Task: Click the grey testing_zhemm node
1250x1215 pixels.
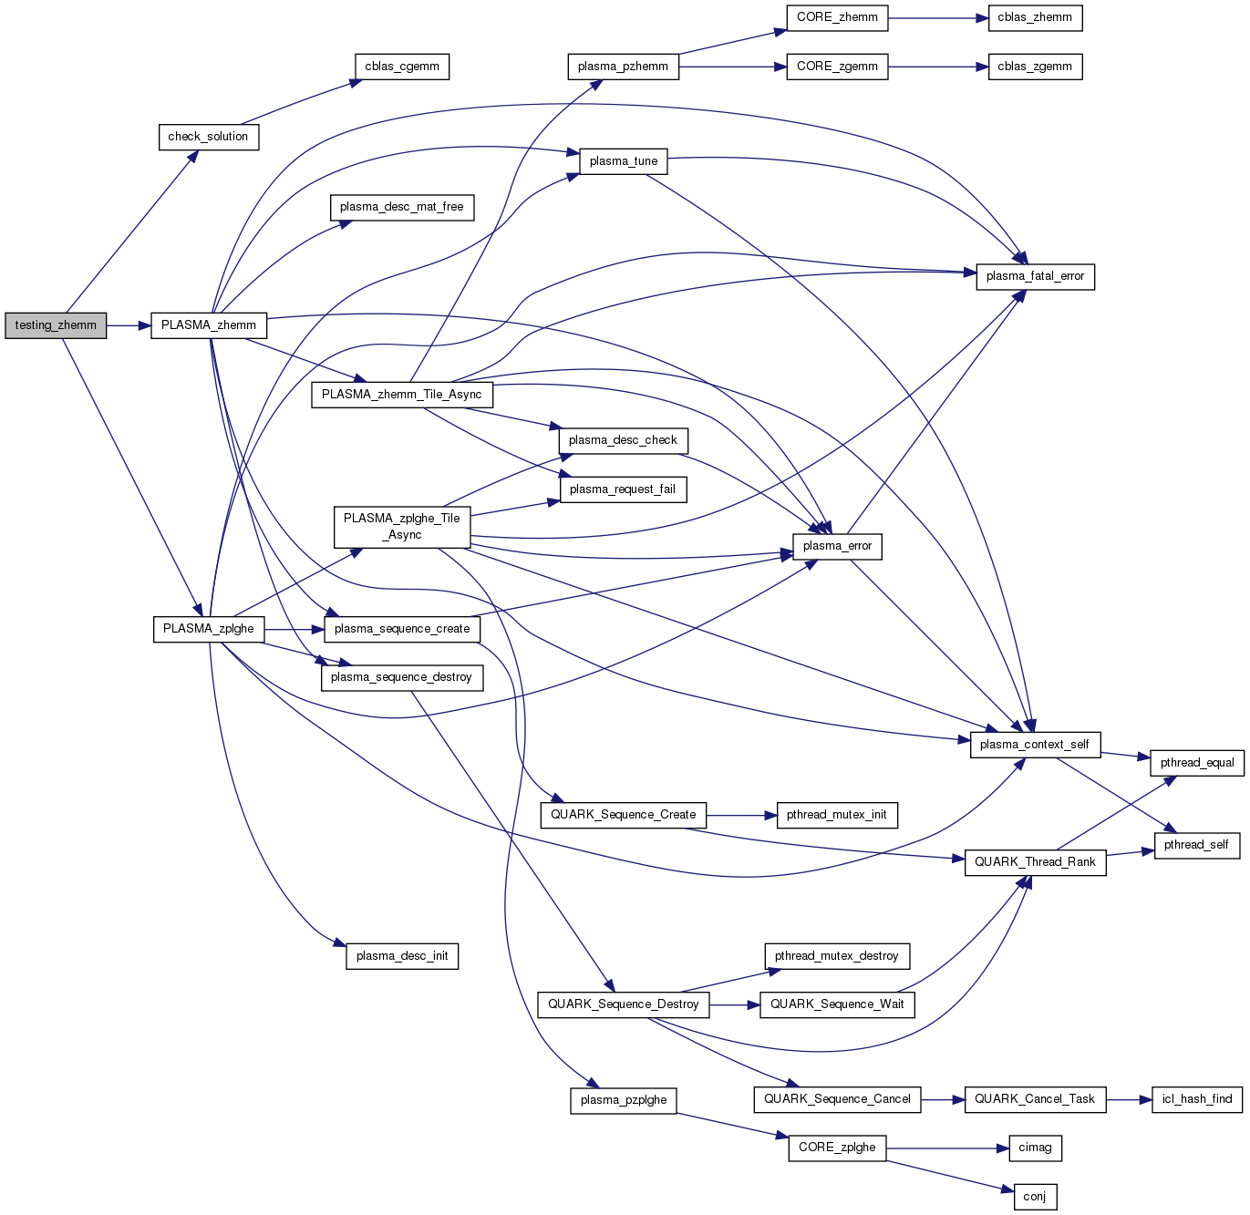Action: (56, 325)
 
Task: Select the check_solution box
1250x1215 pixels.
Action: (208, 137)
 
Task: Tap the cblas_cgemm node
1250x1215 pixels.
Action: (402, 67)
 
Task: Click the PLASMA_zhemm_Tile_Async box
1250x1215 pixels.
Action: (402, 395)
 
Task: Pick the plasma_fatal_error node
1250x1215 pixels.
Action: (1035, 276)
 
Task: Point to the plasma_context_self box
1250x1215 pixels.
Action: (1035, 745)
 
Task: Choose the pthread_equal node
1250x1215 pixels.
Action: (1197, 763)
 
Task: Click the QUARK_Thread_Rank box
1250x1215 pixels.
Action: (1035, 862)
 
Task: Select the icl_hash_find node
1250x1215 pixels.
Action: (1197, 1099)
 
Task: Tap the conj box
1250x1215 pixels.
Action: (1035, 1197)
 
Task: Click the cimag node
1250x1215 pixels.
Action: (1035, 1148)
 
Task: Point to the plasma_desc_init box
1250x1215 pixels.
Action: (402, 956)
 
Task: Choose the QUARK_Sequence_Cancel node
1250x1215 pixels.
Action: (837, 1099)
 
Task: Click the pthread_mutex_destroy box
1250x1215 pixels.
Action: (837, 956)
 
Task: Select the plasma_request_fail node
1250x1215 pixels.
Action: (623, 489)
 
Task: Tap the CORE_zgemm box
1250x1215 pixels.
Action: (837, 67)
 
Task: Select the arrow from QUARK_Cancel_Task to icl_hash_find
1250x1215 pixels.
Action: (1129, 1099)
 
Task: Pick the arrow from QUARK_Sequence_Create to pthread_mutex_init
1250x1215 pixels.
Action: (741, 815)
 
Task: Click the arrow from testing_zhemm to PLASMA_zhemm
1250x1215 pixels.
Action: (129, 325)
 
